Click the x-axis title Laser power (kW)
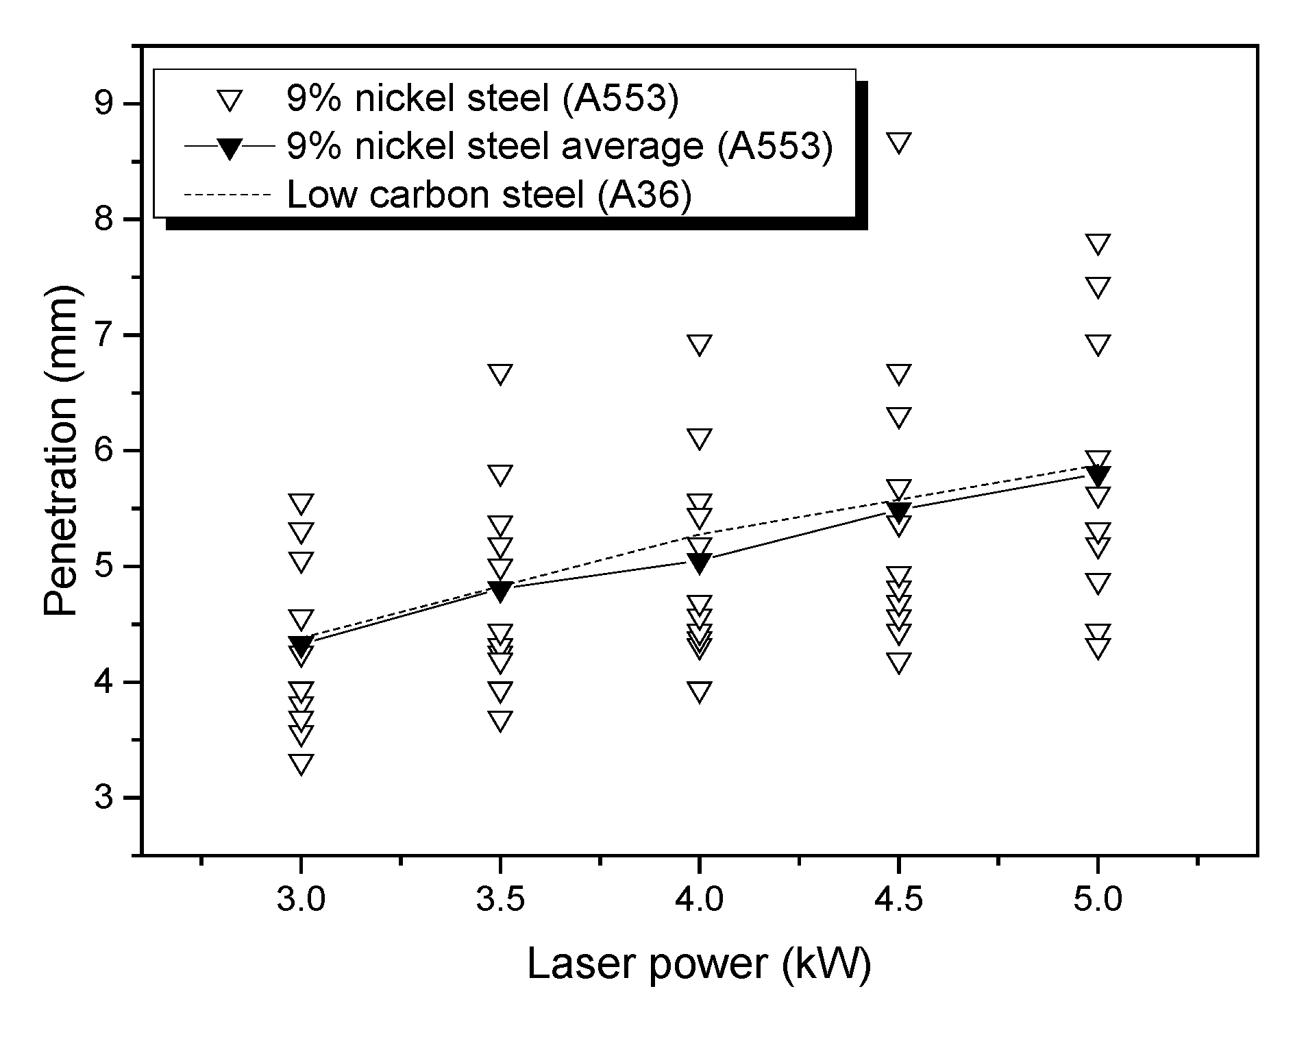pyautogui.click(x=698, y=964)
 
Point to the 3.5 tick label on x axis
pyautogui.click(x=500, y=899)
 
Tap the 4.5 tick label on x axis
pyautogui.click(x=898, y=899)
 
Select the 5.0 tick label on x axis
pyautogui.click(x=1098, y=899)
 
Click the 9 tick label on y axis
pyautogui.click(x=103, y=104)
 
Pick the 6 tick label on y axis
pyautogui.click(x=103, y=451)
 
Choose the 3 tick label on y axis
pyautogui.click(x=103, y=798)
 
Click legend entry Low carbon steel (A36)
pyautogui.click(x=489, y=195)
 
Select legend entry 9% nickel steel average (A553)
pyautogui.click(x=559, y=147)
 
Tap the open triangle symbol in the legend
pyautogui.click(x=230, y=101)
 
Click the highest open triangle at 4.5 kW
pyautogui.click(x=898, y=143)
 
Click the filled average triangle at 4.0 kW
pyautogui.click(x=700, y=563)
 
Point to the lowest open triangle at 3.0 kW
pyautogui.click(x=301, y=763)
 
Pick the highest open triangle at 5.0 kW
pyautogui.click(x=1098, y=244)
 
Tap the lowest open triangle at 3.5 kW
pyautogui.click(x=500, y=721)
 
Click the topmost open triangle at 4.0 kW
pyautogui.click(x=700, y=345)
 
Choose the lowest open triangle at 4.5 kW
pyautogui.click(x=898, y=663)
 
